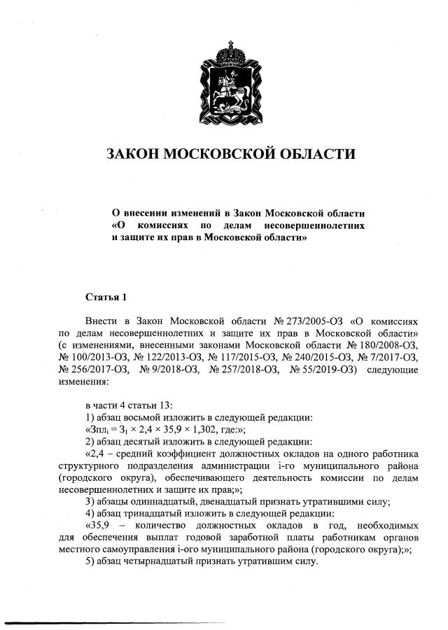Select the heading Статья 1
106,298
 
